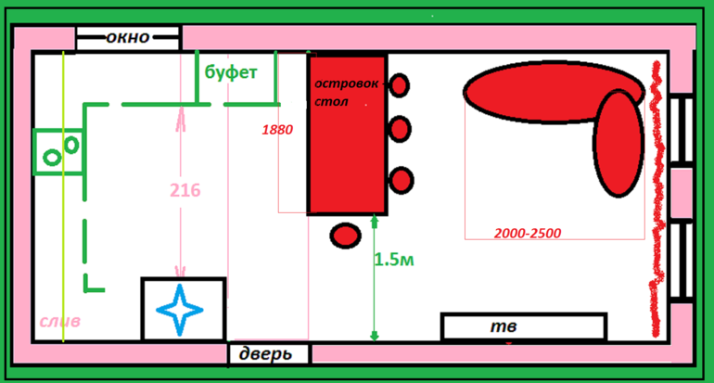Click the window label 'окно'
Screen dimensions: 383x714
pos(128,38)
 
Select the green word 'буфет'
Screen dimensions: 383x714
pos(231,71)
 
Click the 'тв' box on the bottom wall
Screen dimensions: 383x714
pos(523,326)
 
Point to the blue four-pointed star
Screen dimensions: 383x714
pos(182,309)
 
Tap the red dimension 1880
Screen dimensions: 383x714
pos(277,130)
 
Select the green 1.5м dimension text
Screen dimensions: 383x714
pos(394,261)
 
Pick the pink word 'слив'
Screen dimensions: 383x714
pos(59,322)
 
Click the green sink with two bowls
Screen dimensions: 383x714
pos(58,151)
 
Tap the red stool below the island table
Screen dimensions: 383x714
pos(345,235)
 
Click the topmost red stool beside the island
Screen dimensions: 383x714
pos(399,85)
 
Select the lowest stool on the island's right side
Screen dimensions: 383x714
pos(401,180)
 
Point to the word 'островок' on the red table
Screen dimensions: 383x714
pos(346,83)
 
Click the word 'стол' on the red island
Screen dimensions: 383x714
pos(330,101)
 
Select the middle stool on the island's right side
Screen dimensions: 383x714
pos(400,129)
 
